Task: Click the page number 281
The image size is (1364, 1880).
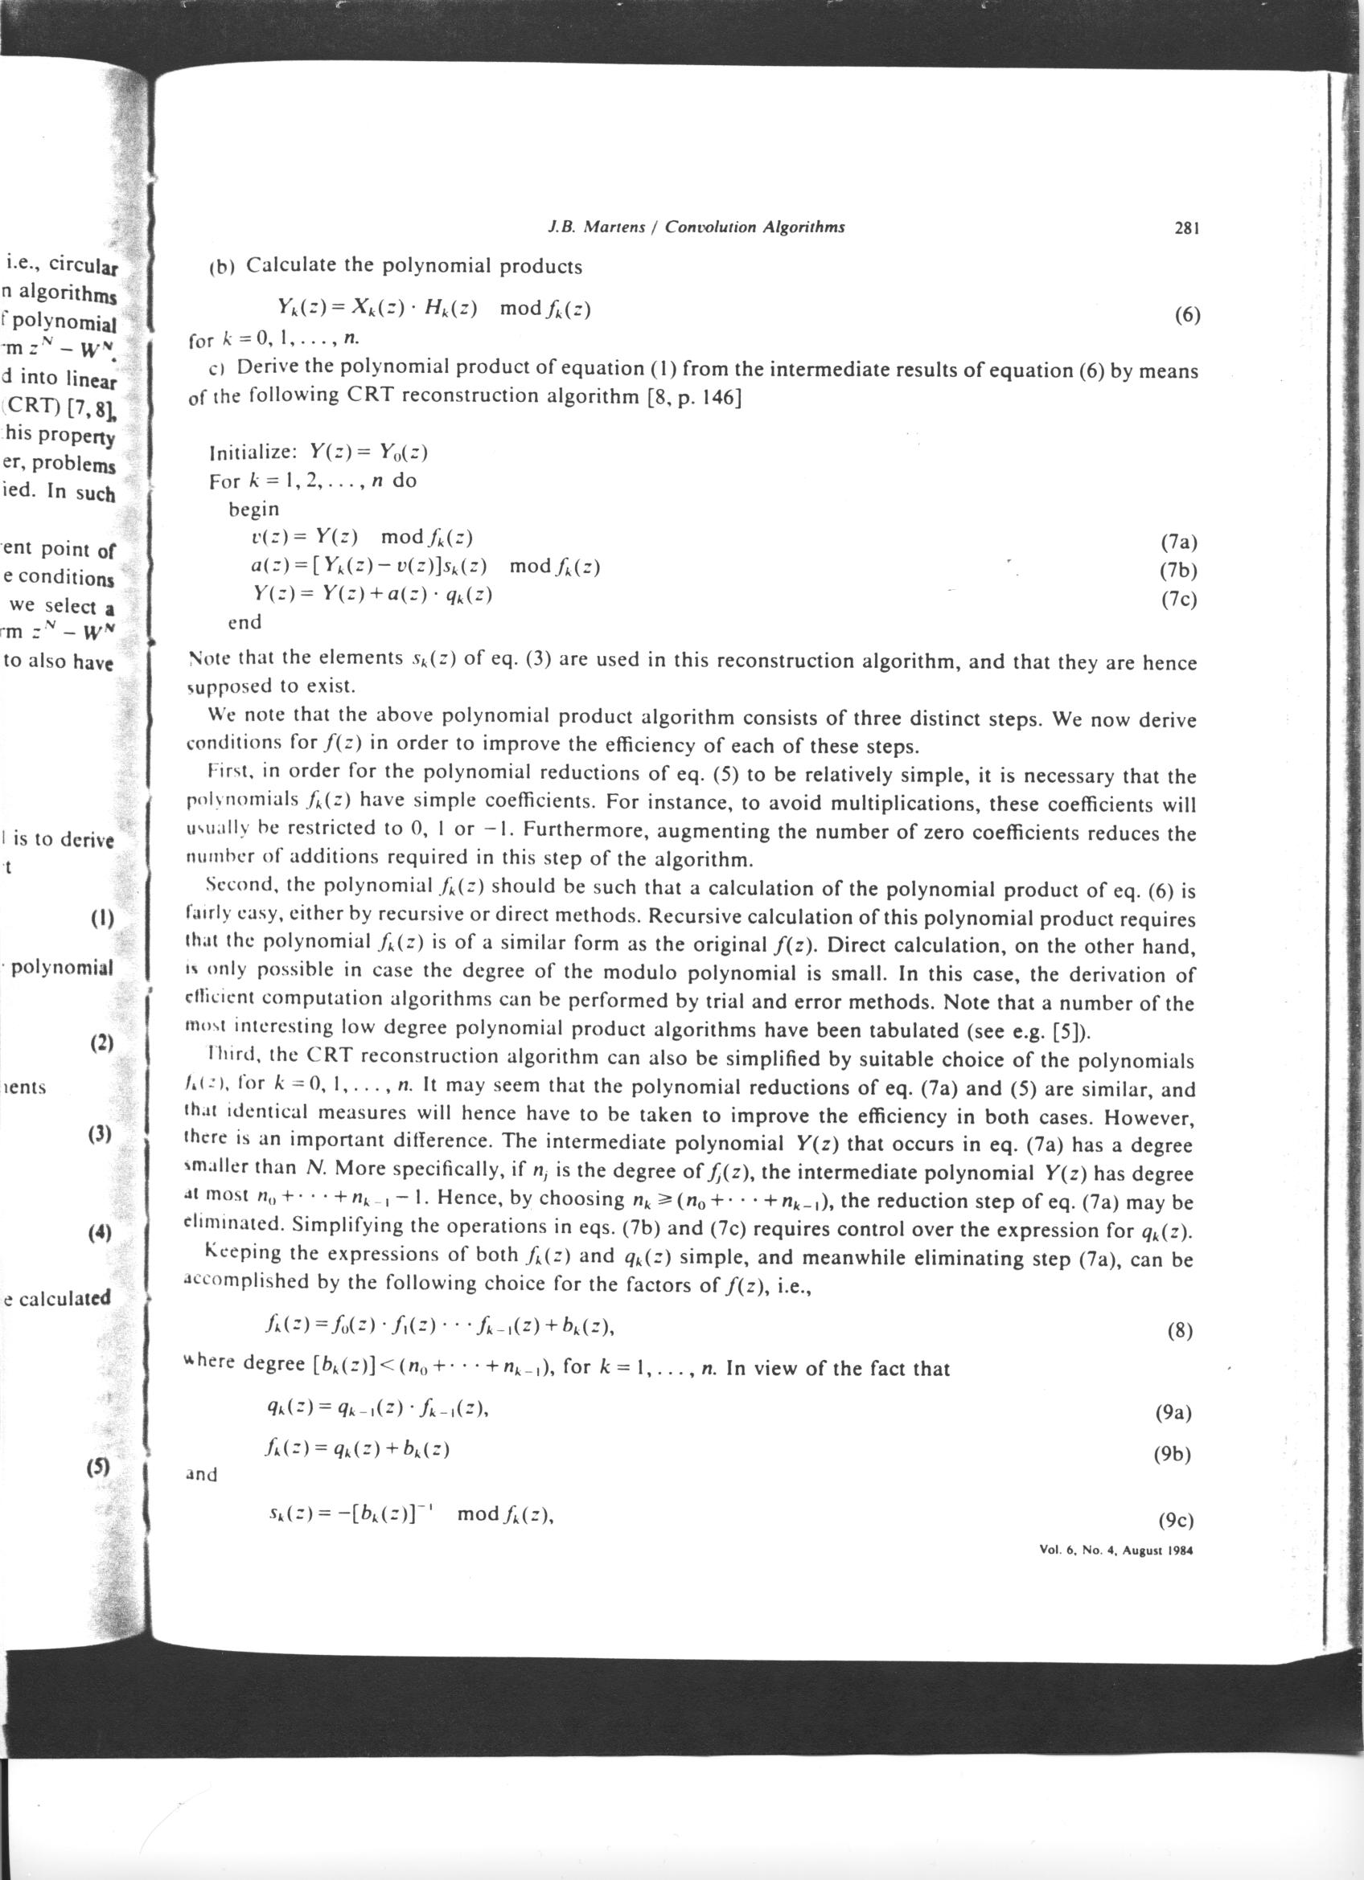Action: [x=1187, y=228]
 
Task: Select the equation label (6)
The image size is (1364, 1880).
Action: [x=1187, y=316]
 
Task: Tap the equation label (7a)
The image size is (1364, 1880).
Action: [x=1179, y=543]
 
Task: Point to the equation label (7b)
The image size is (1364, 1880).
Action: [x=1179, y=571]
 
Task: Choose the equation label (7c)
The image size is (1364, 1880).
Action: [x=1179, y=600]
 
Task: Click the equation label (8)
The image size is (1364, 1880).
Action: [x=1179, y=1331]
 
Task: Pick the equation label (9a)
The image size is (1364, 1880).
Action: [x=1173, y=1412]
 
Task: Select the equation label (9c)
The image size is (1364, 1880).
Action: [x=1174, y=1520]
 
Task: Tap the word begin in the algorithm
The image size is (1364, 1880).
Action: [x=253, y=509]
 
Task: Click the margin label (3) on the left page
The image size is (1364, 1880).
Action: [x=100, y=1133]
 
